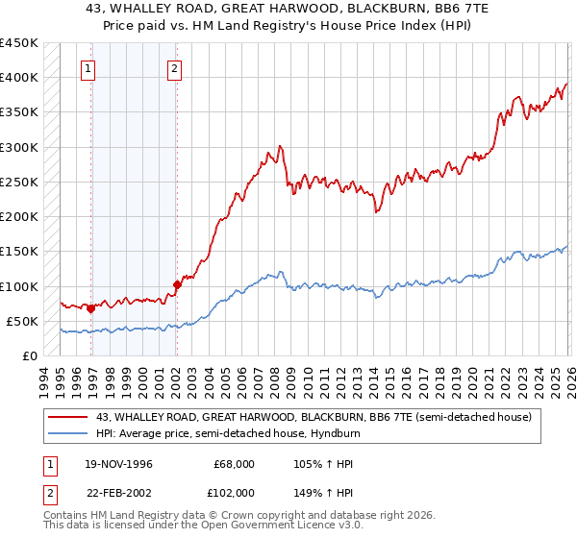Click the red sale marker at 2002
[177, 284]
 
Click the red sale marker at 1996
[90, 308]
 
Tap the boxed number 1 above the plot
[88, 68]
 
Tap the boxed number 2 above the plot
[175, 68]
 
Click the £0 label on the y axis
[29, 355]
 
